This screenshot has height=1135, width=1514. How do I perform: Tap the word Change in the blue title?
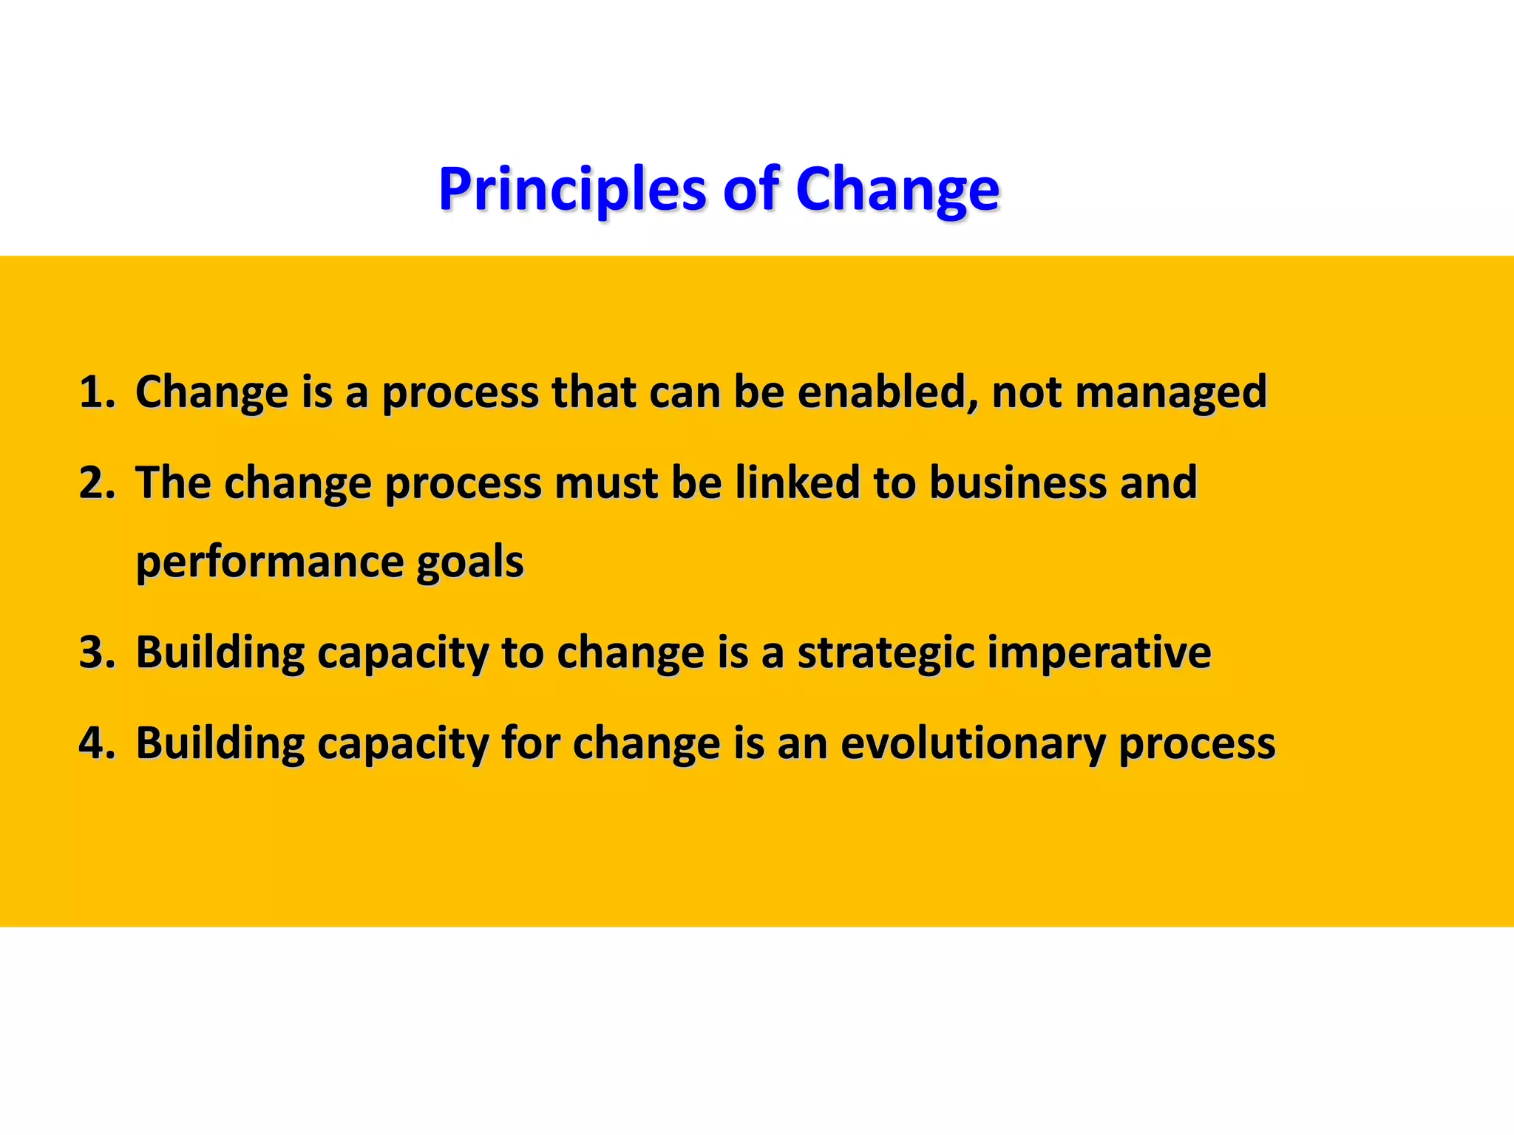[897, 189]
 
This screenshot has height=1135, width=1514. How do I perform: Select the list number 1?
[96, 392]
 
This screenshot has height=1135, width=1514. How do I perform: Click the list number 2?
[96, 483]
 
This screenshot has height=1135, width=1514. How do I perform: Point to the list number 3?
[96, 652]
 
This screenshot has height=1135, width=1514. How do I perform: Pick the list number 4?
[96, 743]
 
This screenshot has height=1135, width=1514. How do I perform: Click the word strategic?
[886, 654]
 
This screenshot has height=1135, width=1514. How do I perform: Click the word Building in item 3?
[220, 652]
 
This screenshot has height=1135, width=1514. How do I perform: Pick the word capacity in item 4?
[403, 744]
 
